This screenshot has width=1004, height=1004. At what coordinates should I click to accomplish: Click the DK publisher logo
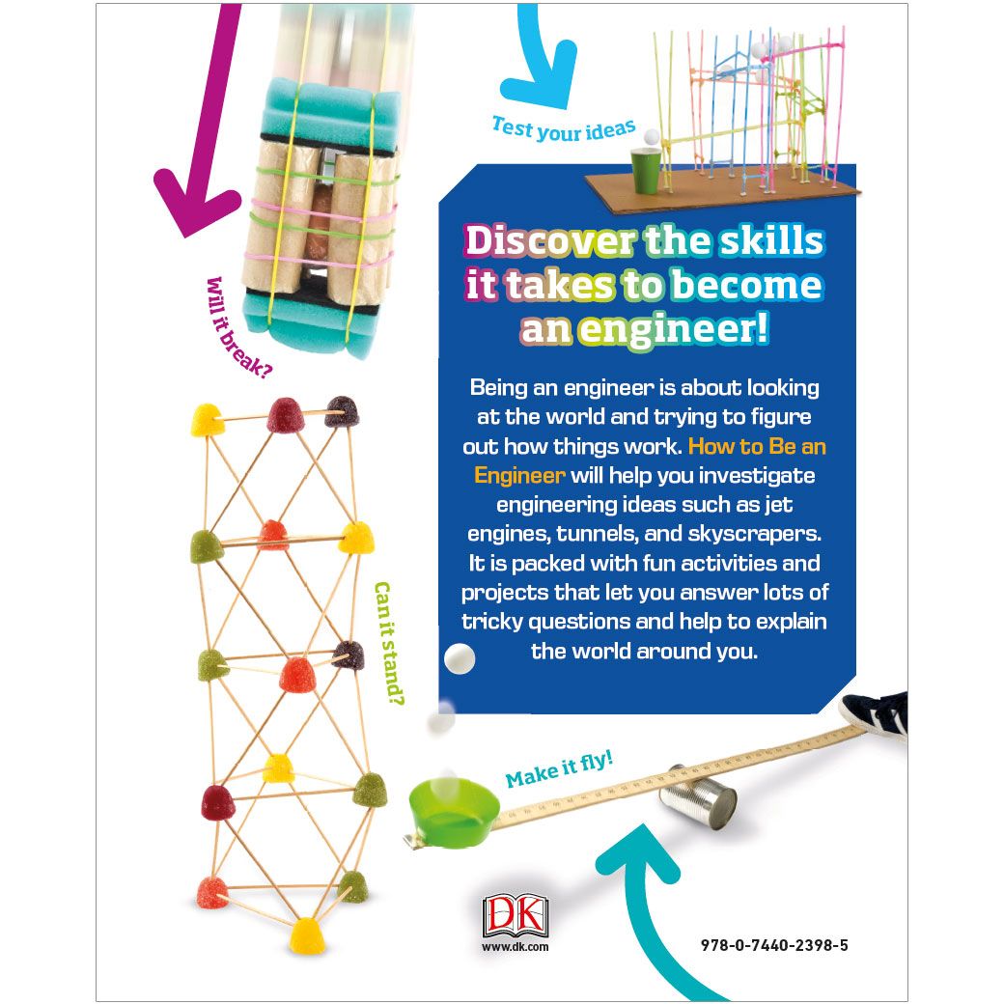click(x=515, y=916)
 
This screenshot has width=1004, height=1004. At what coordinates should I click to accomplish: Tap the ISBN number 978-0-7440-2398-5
click(x=775, y=946)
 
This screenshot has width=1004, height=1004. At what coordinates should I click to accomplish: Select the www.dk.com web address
click(x=515, y=948)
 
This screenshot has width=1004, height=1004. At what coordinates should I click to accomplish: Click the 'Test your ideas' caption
click(x=565, y=129)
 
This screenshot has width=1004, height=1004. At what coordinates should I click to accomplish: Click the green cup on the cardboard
click(x=646, y=169)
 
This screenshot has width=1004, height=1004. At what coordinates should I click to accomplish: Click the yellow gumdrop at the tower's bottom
click(x=307, y=934)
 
